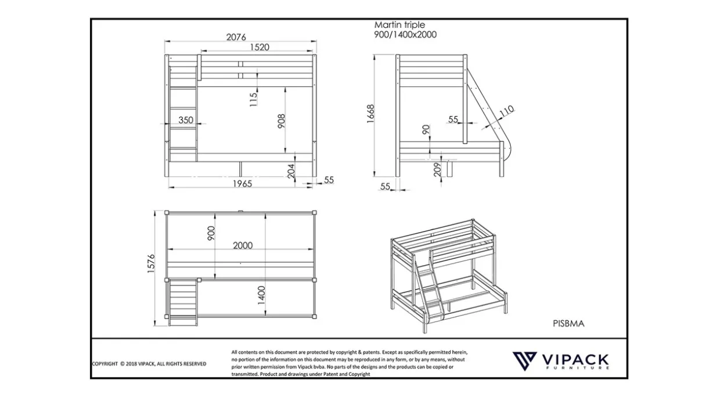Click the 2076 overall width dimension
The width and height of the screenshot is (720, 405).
click(x=236, y=37)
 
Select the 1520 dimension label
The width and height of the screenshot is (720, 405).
click(x=260, y=47)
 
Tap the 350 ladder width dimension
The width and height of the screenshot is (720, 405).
click(x=186, y=120)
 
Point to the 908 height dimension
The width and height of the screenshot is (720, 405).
click(x=281, y=121)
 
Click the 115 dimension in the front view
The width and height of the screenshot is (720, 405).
click(x=253, y=100)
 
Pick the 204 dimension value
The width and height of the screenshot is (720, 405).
click(x=291, y=171)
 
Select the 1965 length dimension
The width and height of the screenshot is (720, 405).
click(x=242, y=184)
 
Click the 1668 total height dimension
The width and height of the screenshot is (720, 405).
click(x=370, y=113)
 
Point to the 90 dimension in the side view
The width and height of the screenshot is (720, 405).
click(x=426, y=130)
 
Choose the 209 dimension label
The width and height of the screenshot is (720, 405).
click(x=437, y=169)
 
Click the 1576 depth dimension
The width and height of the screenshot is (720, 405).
click(x=151, y=263)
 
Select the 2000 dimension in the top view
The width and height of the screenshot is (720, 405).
click(x=243, y=245)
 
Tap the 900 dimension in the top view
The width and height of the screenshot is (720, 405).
click(x=211, y=233)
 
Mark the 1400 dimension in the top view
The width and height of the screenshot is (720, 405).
click(x=261, y=295)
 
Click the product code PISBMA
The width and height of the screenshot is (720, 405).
click(x=568, y=323)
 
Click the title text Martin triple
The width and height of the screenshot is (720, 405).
click(x=399, y=25)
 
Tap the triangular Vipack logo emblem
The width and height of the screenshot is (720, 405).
click(x=524, y=361)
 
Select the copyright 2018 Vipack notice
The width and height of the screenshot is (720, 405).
click(x=149, y=364)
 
